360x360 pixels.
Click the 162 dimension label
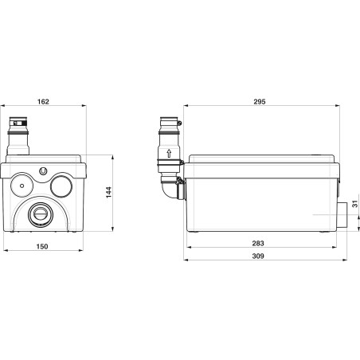click(43, 101)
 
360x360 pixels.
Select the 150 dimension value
click(42, 246)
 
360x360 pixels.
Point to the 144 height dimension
click(109, 192)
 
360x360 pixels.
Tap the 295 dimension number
click(260, 101)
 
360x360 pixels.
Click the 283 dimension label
click(258, 243)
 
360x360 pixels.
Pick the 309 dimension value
click(258, 256)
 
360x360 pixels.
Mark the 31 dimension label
click(355, 204)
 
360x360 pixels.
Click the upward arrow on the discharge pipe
click(169, 154)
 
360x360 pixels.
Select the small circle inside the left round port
click(22, 186)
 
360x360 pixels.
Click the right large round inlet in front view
click(61, 186)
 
